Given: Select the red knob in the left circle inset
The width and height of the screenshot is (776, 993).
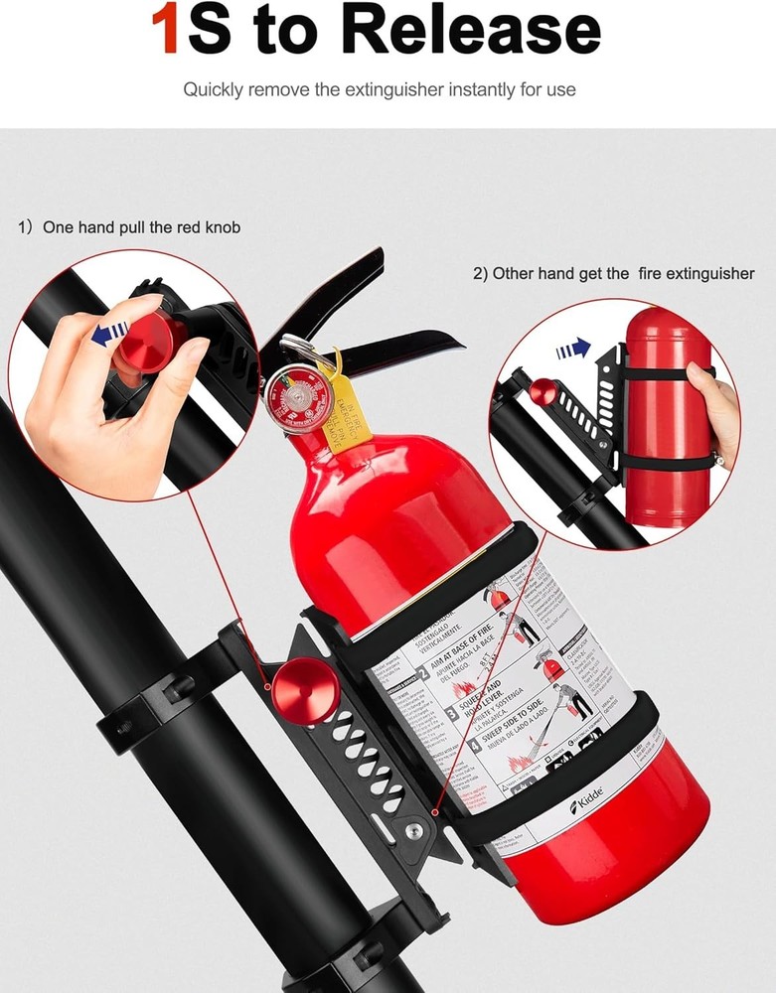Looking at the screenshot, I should tap(149, 340).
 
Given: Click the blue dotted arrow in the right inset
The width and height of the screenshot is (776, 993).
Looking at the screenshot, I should tap(573, 349).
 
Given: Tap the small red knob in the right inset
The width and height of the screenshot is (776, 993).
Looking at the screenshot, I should tap(543, 391).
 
